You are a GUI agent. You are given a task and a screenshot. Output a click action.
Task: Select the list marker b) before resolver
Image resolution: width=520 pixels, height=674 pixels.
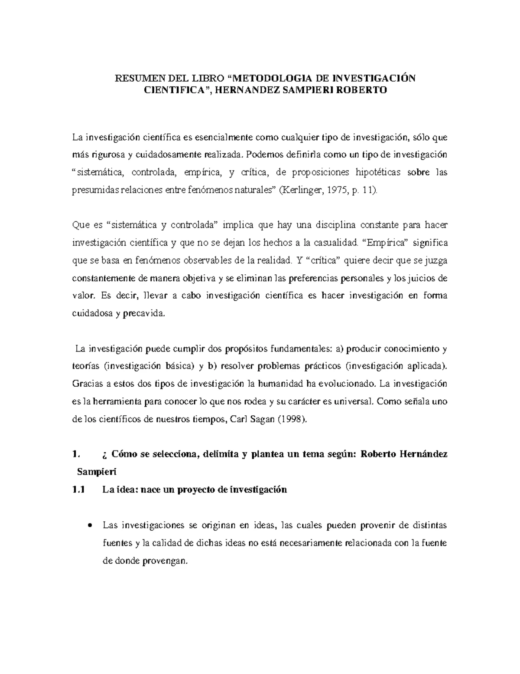(211, 366)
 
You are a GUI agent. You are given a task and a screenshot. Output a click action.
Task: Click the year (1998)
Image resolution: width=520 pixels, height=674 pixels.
(294, 419)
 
